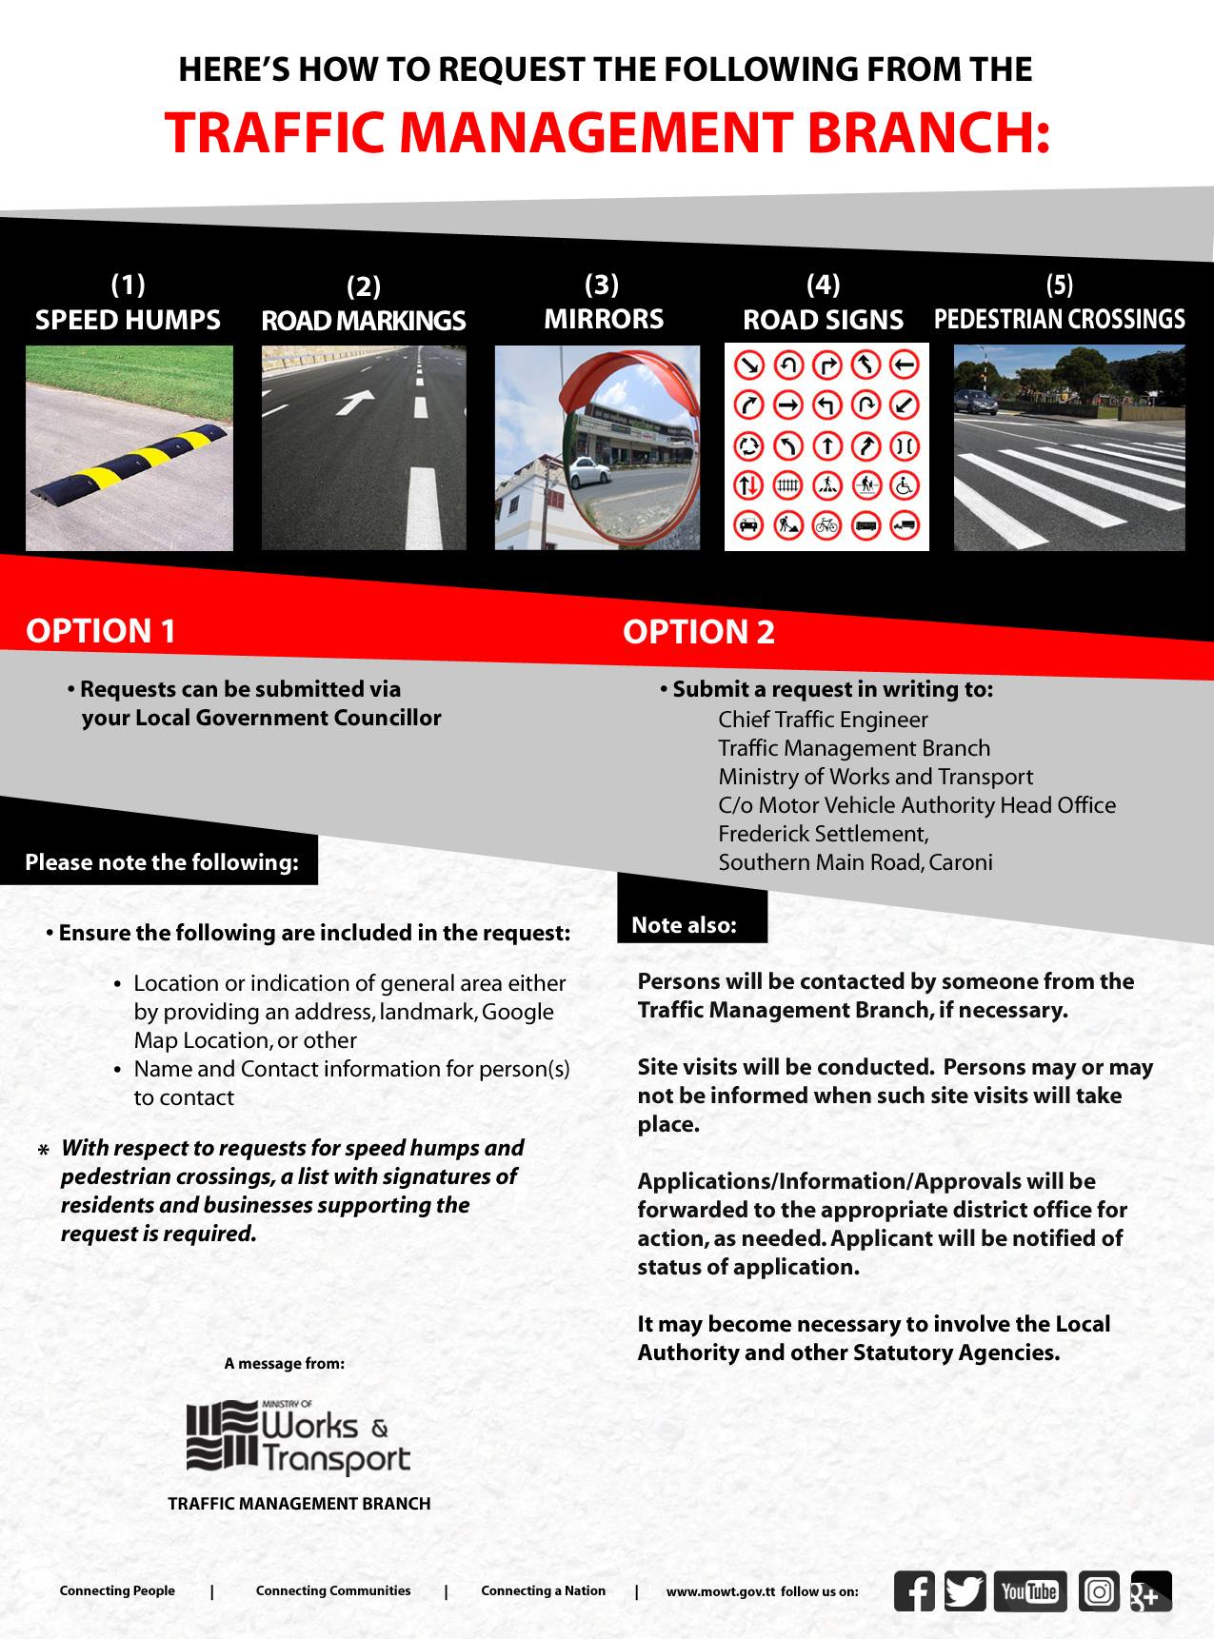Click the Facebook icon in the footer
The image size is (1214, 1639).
tap(914, 1590)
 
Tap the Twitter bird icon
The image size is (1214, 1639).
tap(965, 1590)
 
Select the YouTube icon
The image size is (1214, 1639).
tap(1030, 1590)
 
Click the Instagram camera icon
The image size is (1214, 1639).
tap(1099, 1590)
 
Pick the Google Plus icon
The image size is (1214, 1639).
tap(1151, 1590)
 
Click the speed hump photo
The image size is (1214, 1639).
tap(129, 447)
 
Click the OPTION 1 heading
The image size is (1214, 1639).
tap(101, 631)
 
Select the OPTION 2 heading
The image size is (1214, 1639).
tap(699, 632)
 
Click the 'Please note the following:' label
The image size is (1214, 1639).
tap(162, 862)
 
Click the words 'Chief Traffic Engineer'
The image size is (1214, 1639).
tap(823, 720)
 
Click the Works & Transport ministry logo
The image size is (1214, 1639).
tap(297, 1436)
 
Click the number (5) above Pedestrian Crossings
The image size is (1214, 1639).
tap(1059, 285)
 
